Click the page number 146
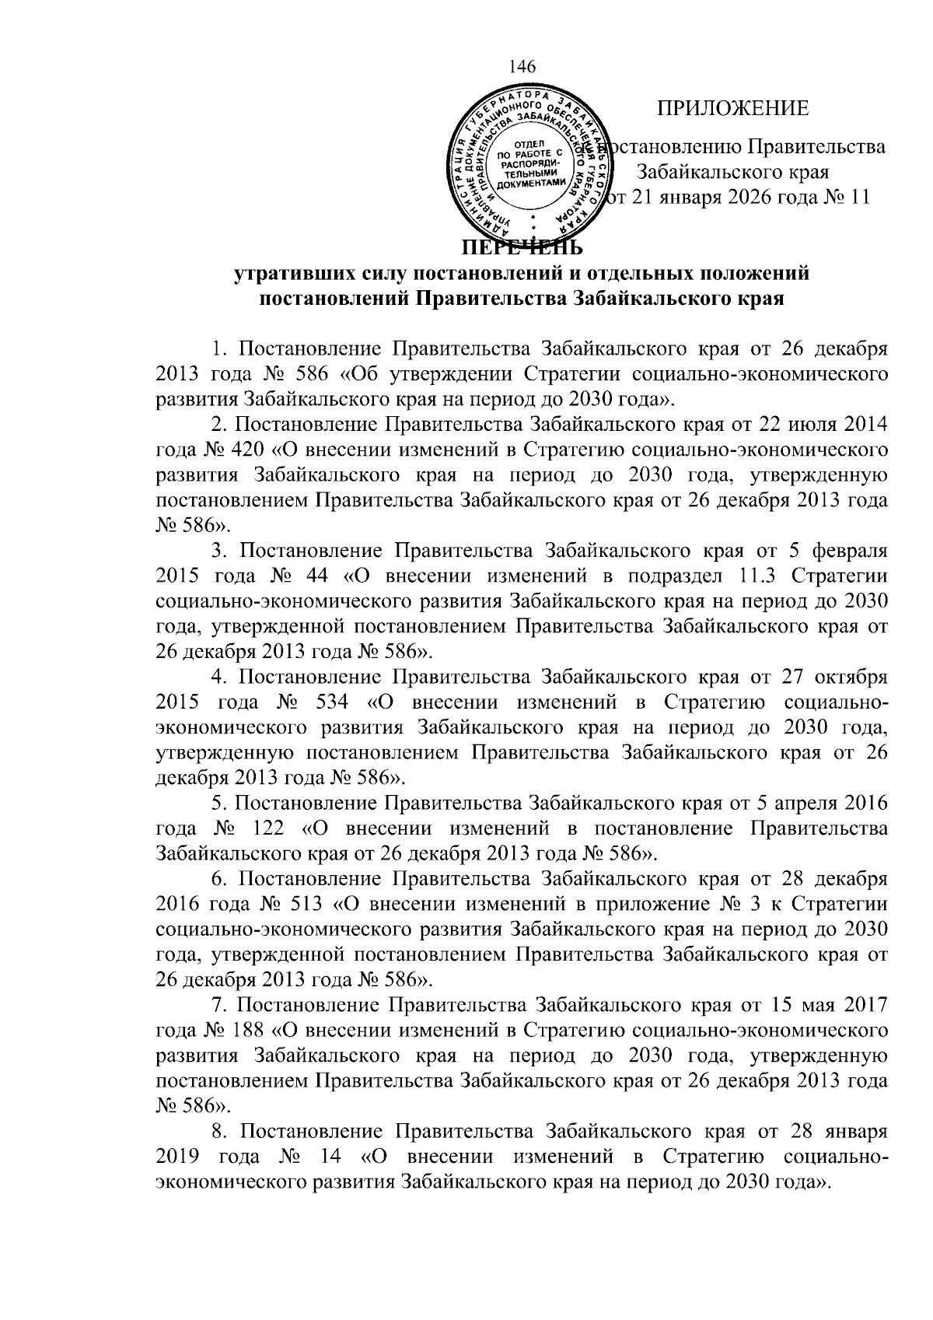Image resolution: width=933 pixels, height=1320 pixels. point(522,67)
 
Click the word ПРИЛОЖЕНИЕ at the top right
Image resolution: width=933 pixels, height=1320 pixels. point(733,109)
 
